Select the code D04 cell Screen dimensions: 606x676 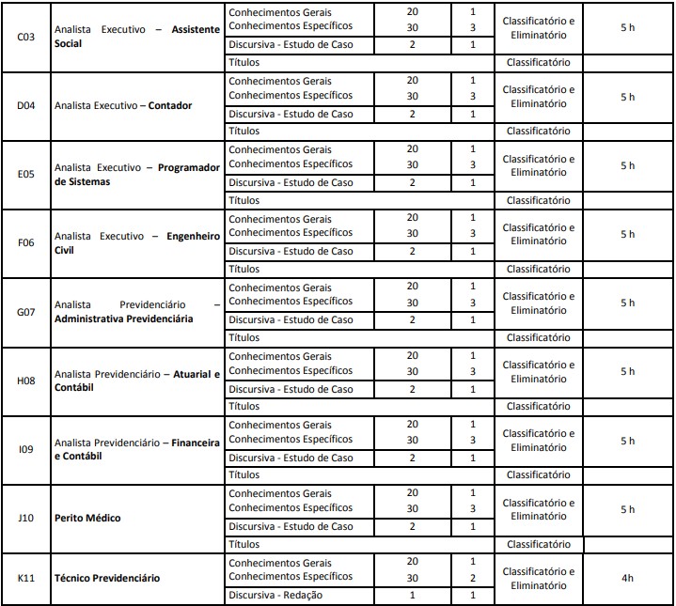pos(26,105)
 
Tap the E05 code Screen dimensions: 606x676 pos(26,174)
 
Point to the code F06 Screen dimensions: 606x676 pos(26,242)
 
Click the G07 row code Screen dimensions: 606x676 pos(26,311)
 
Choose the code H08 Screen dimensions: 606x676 pos(26,381)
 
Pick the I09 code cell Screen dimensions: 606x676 pos(26,449)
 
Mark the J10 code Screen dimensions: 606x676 pos(26,518)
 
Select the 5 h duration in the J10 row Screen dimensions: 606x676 pos(627,509)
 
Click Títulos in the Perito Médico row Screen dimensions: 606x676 pos(244,544)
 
